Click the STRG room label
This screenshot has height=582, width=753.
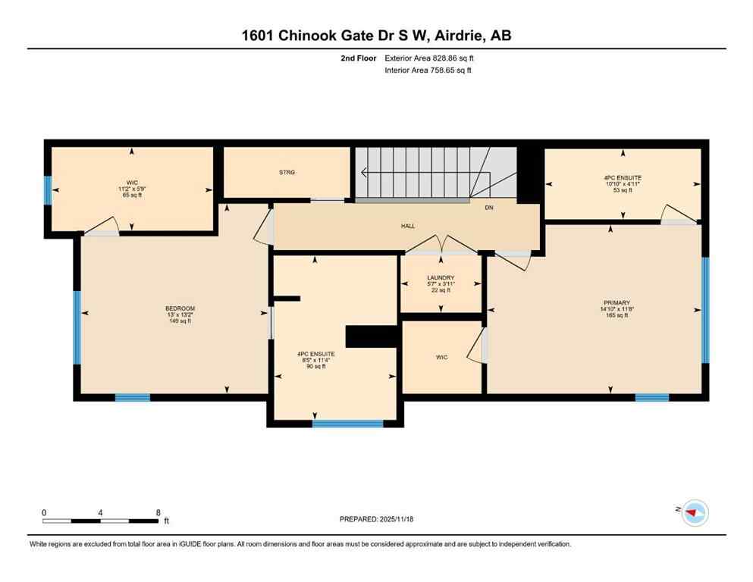(286, 173)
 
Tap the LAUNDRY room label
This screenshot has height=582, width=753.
(440, 278)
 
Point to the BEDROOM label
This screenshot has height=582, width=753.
(180, 308)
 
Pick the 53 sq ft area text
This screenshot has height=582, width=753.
(622, 190)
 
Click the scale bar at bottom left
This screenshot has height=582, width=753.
(101, 520)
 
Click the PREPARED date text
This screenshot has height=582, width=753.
(376, 519)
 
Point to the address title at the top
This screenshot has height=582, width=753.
(376, 36)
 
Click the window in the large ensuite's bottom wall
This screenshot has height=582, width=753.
(347, 424)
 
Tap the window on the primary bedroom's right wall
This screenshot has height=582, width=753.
(704, 310)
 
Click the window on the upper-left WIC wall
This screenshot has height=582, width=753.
(47, 190)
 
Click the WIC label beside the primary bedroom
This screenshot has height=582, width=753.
(442, 357)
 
